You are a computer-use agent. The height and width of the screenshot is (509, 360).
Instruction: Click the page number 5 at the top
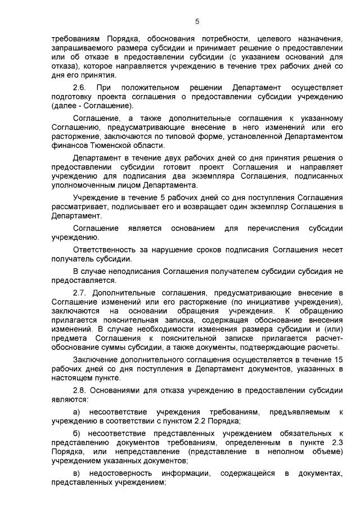coord(197,21)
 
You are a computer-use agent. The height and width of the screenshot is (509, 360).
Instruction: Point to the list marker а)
coord(78,412)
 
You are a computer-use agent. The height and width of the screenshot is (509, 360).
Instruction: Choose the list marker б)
coord(78,434)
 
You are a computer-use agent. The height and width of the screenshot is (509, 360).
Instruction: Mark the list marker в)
coord(78,474)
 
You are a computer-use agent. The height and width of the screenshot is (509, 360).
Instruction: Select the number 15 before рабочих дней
coord(338,359)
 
